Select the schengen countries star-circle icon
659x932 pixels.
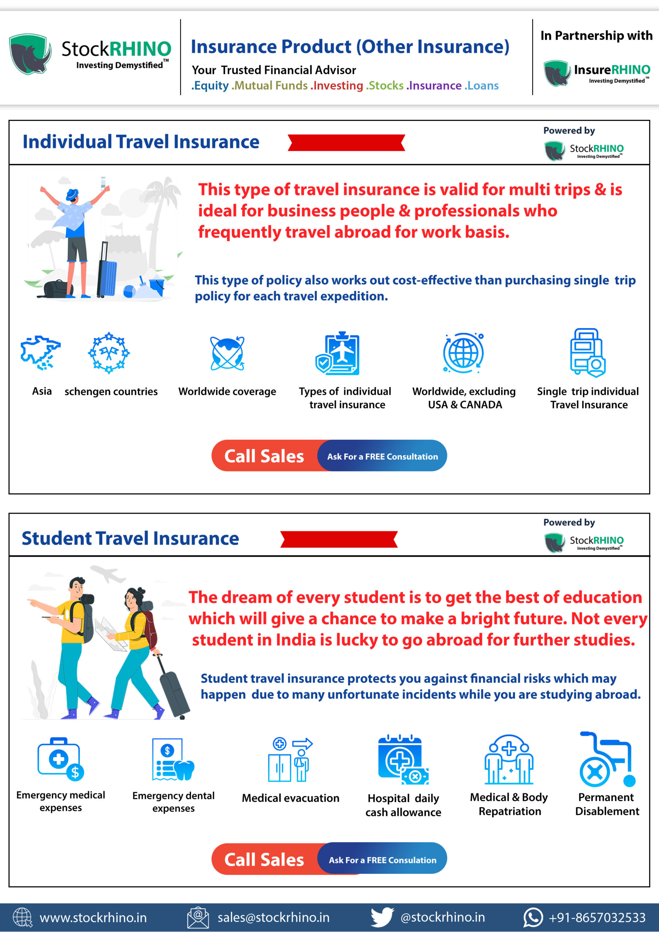click(109, 352)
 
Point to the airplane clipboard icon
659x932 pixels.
click(338, 353)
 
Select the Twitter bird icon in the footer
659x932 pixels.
click(382, 917)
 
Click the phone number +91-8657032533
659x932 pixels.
click(596, 917)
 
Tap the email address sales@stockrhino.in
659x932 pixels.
click(273, 917)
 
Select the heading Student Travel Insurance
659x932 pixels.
click(130, 538)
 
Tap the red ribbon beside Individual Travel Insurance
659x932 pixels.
click(346, 142)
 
